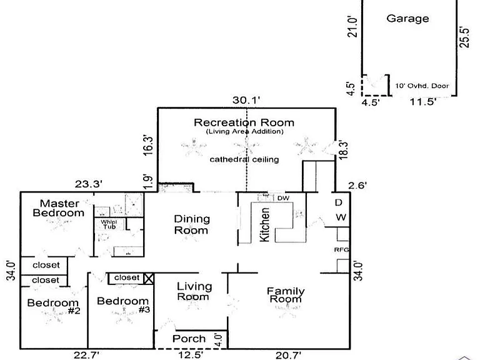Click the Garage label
point(407,19)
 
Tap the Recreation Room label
point(244,122)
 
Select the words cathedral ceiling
point(244,159)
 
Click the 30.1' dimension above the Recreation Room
point(246,100)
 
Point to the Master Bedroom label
point(59,208)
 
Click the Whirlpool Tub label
point(109,224)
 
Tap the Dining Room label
point(192,224)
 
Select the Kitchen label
point(264,224)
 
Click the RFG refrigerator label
point(341,250)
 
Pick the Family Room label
point(286,294)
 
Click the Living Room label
point(194,291)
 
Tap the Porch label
point(189,339)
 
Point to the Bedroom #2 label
point(54,306)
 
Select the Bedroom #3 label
point(123,305)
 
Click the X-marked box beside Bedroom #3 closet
point(149,279)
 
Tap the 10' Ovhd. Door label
point(422,86)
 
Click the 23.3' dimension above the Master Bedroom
point(89,184)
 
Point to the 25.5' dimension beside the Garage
point(464,37)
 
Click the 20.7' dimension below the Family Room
point(288,355)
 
